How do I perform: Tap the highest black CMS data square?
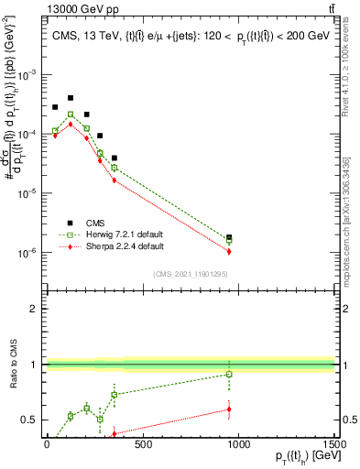pyautogui.click(x=71, y=97)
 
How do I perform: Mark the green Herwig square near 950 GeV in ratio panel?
pyautogui.click(x=229, y=374)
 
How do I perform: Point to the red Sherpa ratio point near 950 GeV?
pyautogui.click(x=229, y=409)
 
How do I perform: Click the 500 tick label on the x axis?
pyautogui.click(x=143, y=444)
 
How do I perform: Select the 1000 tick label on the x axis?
pyautogui.click(x=239, y=444)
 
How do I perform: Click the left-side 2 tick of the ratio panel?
pyautogui.click(x=34, y=309)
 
